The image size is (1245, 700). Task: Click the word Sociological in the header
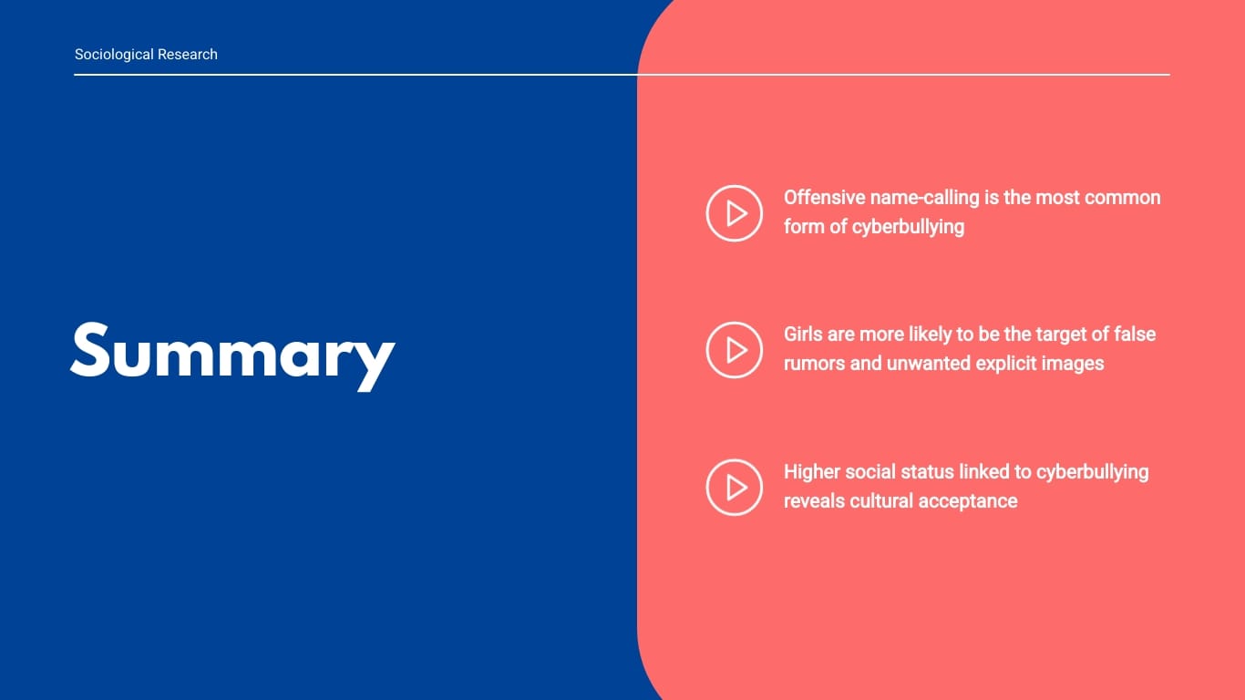coord(114,55)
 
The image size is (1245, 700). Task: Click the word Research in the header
coord(188,54)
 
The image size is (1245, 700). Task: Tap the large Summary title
coord(233,356)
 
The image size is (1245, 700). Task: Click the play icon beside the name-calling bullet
coord(735,213)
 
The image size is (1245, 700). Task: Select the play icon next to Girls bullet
coord(735,350)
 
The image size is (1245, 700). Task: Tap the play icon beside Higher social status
coord(735,487)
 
